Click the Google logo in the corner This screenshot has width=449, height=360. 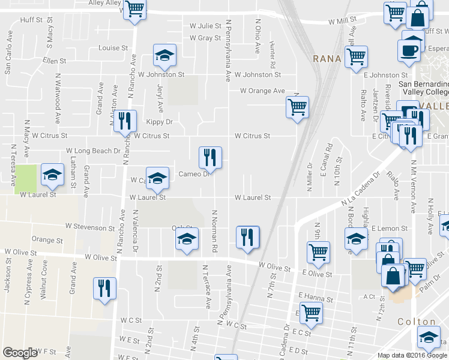pyautogui.click(x=20, y=353)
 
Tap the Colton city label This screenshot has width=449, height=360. pyautogui.click(x=416, y=322)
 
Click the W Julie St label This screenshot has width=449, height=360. pyautogui.click(x=205, y=26)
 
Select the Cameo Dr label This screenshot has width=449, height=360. pyautogui.click(x=193, y=174)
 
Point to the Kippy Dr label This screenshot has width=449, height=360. pyautogui.click(x=159, y=122)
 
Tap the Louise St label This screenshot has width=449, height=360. pyautogui.click(x=113, y=48)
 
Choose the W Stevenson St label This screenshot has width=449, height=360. pyautogui.click(x=90, y=228)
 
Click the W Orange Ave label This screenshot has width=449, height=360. pyautogui.click(x=262, y=91)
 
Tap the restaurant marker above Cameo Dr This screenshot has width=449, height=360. pyautogui.click(x=210, y=157)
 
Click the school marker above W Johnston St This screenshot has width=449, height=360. pyautogui.click(x=164, y=55)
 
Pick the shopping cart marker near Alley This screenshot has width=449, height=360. pyautogui.click(x=135, y=10)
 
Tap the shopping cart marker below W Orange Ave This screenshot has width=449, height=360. pyautogui.click(x=297, y=107)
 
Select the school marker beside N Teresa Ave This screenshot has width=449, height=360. pyautogui.click(x=52, y=175)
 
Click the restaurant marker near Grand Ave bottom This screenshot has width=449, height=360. pyautogui.click(x=105, y=288)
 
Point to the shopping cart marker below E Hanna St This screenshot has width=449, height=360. pyautogui.click(x=310, y=312)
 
